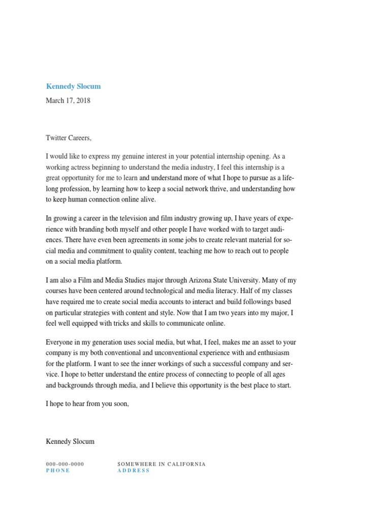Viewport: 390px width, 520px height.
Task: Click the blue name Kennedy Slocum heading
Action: click(73, 86)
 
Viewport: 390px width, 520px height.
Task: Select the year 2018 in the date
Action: click(82, 101)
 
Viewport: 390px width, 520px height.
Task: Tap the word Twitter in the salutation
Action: click(56, 138)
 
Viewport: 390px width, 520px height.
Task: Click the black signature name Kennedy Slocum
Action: click(70, 441)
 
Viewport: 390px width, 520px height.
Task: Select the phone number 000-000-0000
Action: click(65, 464)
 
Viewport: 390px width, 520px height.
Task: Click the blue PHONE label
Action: click(58, 471)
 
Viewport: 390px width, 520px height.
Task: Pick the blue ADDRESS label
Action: click(134, 471)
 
